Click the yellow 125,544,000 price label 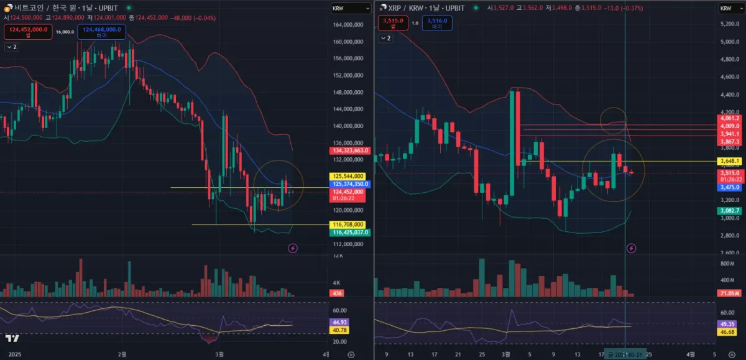tap(349, 177)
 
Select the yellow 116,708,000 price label tap(349, 224)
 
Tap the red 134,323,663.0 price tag tap(350, 150)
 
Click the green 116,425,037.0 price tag tap(350, 232)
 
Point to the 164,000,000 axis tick tap(348, 25)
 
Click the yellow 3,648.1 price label tap(729, 162)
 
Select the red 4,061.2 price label tap(729, 118)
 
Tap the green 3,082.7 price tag tap(729, 211)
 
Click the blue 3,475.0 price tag tap(729, 187)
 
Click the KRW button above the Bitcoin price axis tap(339, 8)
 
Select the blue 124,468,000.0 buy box tap(101, 32)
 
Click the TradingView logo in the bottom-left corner tap(12, 338)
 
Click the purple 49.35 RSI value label tap(727, 325)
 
